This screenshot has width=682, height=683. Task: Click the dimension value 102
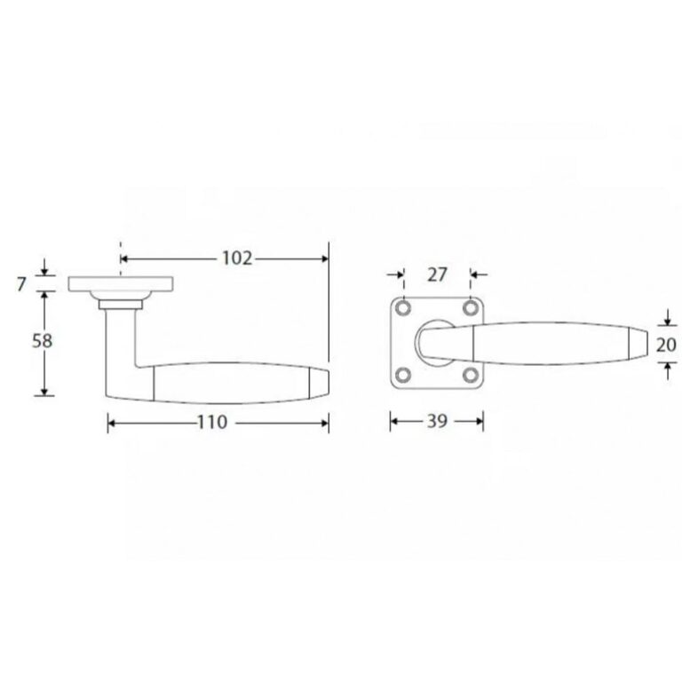(x=237, y=258)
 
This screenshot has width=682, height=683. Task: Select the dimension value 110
(x=212, y=422)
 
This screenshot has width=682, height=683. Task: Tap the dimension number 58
(x=43, y=341)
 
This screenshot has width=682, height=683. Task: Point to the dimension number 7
(x=21, y=284)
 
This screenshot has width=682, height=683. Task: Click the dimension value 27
(x=437, y=274)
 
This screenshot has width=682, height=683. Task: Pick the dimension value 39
(x=437, y=421)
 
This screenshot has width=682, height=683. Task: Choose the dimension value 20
(x=666, y=345)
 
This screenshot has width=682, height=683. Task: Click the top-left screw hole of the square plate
(x=404, y=308)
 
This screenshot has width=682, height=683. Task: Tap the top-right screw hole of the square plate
(x=471, y=308)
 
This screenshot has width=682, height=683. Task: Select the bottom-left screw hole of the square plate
(x=404, y=375)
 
